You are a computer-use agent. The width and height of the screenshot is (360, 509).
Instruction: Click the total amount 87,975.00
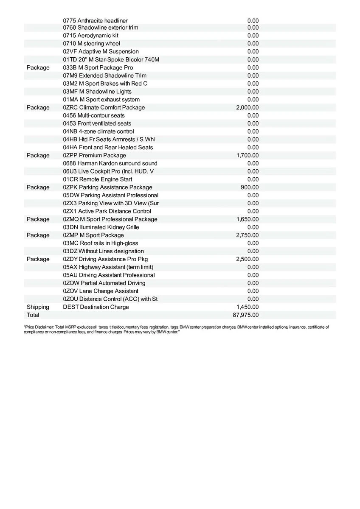point(247,315)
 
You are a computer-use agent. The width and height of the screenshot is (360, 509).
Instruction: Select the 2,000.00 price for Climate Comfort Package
point(247,108)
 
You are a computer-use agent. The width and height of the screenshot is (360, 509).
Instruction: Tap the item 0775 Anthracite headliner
point(95,20)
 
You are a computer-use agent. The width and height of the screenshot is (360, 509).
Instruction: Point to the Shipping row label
point(38,307)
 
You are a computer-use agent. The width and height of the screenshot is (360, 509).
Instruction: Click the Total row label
point(33,315)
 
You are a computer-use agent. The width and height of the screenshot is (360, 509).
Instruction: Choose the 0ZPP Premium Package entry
point(94,156)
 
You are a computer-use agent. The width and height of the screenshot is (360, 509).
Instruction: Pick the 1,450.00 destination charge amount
point(247,307)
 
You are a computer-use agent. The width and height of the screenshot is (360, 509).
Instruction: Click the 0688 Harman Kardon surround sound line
point(110,164)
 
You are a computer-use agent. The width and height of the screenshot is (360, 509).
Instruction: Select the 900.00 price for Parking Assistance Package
point(249,187)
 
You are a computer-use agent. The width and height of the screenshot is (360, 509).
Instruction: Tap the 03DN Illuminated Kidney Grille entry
point(101,227)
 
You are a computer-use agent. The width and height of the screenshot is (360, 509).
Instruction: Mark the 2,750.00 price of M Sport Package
point(247,235)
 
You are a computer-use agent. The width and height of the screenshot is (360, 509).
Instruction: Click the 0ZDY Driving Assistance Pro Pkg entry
point(105,259)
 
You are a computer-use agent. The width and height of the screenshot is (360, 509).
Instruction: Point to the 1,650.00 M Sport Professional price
point(247,219)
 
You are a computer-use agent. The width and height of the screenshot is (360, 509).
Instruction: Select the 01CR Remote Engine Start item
point(97,179)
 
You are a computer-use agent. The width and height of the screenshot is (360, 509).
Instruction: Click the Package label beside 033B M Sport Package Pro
point(38,68)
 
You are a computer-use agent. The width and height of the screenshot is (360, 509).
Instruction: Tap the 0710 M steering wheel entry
point(91,44)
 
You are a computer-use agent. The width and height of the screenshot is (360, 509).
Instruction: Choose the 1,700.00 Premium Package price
point(247,156)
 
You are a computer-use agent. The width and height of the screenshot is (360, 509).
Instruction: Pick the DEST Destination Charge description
point(96,307)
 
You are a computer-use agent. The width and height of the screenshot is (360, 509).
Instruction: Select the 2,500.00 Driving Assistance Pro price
point(247,259)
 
